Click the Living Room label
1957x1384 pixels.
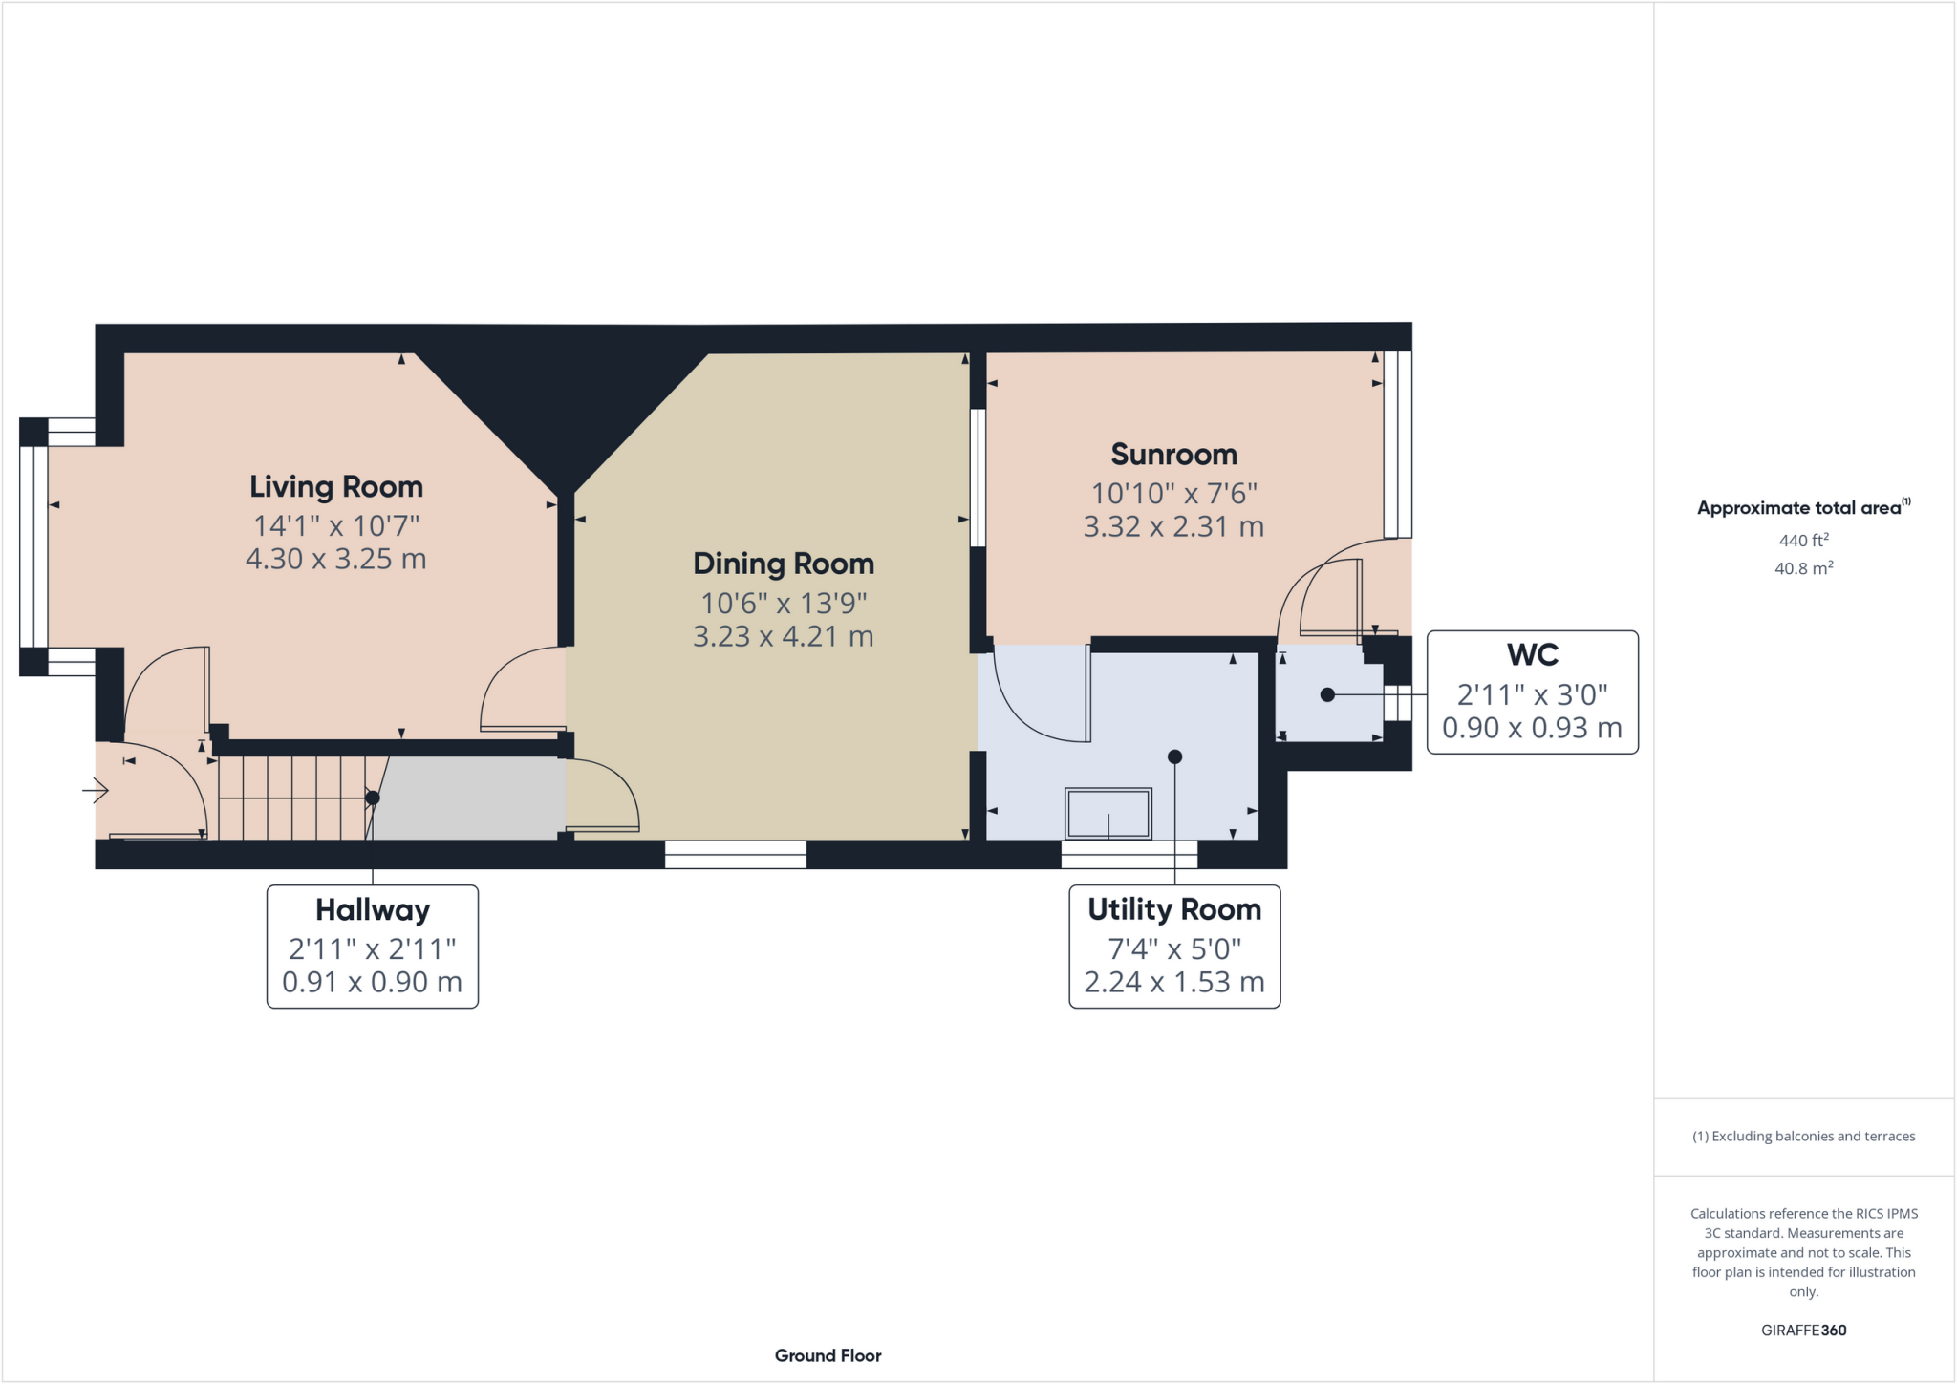[336, 486]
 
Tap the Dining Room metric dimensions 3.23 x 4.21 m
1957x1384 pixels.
[783, 636]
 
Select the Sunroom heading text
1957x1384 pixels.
[1173, 454]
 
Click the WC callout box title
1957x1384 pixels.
[1532, 654]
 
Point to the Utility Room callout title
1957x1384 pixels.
[1173, 909]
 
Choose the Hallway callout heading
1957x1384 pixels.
[372, 909]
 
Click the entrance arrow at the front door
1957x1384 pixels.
[96, 791]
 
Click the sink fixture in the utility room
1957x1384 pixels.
[1108, 814]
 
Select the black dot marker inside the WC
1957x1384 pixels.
[1327, 695]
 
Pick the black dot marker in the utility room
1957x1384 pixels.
[1175, 756]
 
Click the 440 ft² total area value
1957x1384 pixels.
[1803, 540]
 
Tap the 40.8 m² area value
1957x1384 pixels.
[1803, 568]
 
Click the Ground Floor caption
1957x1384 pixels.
[828, 1355]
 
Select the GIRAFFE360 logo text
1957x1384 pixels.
[1803, 1330]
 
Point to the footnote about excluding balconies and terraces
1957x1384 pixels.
[1803, 1136]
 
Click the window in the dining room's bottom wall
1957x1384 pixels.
[735, 855]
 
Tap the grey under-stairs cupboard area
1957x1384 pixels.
[468, 798]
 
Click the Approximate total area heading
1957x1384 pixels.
[1801, 508]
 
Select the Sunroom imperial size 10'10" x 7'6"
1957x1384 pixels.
[1173, 493]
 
